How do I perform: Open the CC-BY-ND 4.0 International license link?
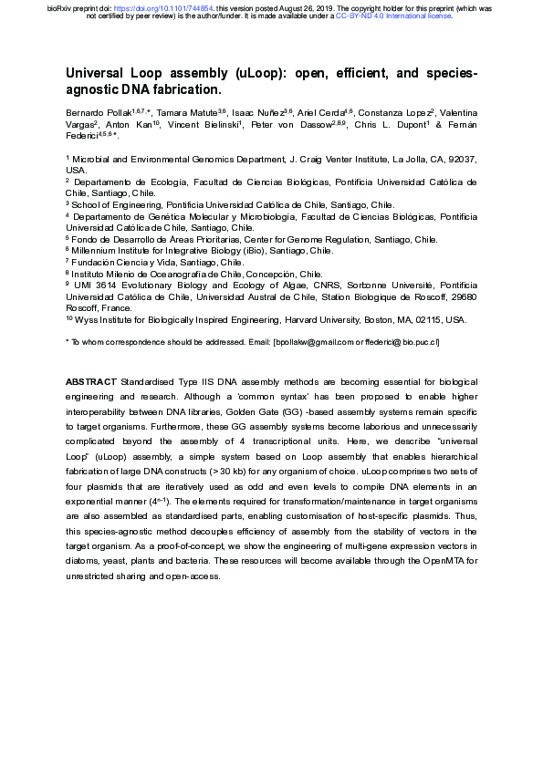coord(393,16)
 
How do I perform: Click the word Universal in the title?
coord(99,73)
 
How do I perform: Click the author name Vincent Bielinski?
coord(195,124)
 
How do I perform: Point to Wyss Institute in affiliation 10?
coord(103,320)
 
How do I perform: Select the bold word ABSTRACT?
coord(91,380)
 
